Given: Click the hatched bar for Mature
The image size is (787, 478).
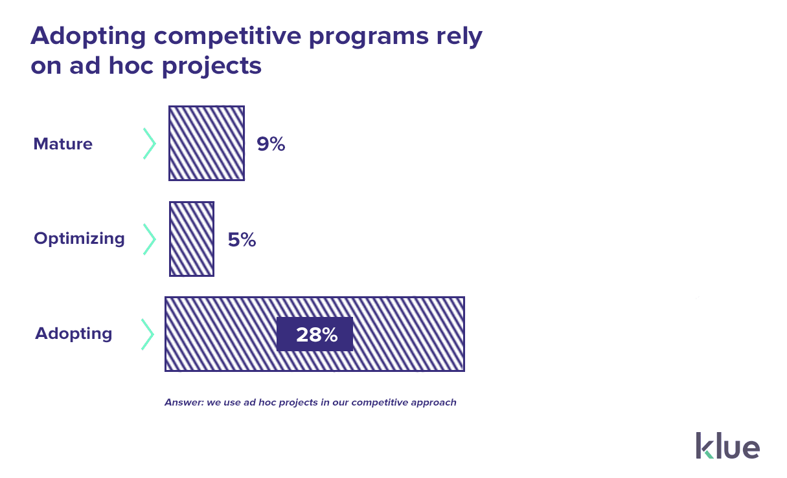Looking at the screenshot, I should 206,143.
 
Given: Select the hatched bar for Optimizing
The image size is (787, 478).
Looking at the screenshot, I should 192,239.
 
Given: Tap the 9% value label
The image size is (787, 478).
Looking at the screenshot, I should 271,144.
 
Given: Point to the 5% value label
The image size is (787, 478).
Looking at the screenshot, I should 242,240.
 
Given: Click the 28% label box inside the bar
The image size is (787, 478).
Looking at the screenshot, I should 315,334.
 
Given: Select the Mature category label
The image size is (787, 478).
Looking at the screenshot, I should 63,144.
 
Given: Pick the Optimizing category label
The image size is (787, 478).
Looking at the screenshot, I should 79,239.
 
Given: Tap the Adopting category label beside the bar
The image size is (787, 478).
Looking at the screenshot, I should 73,334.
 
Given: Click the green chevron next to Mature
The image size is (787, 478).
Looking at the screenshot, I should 150,144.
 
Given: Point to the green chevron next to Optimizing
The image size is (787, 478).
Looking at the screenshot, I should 150,239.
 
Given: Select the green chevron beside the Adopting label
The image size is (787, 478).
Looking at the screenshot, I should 148,334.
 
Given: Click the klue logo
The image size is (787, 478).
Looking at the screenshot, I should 727,446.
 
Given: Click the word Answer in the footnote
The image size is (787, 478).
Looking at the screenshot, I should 184,402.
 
